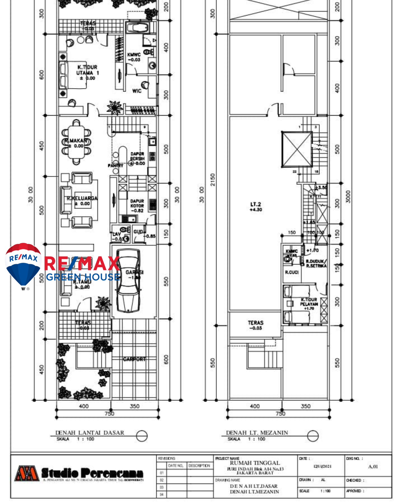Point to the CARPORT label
click(134, 359)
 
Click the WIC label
click(137, 91)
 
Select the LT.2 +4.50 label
click(256, 207)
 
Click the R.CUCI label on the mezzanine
click(292, 272)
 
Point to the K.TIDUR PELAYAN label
click(309, 304)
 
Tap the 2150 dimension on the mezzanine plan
click(213, 179)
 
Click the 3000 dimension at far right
click(348, 197)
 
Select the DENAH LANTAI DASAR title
click(90, 433)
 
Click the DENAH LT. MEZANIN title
click(257, 433)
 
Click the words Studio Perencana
click(92, 473)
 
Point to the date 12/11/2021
click(322, 466)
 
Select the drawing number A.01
click(373, 466)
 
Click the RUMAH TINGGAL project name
click(255, 463)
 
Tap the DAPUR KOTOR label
click(137, 206)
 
